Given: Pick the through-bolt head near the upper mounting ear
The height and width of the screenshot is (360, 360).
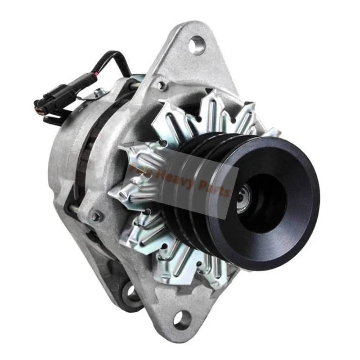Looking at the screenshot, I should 161,83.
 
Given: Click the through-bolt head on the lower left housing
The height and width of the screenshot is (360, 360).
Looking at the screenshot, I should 96,216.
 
